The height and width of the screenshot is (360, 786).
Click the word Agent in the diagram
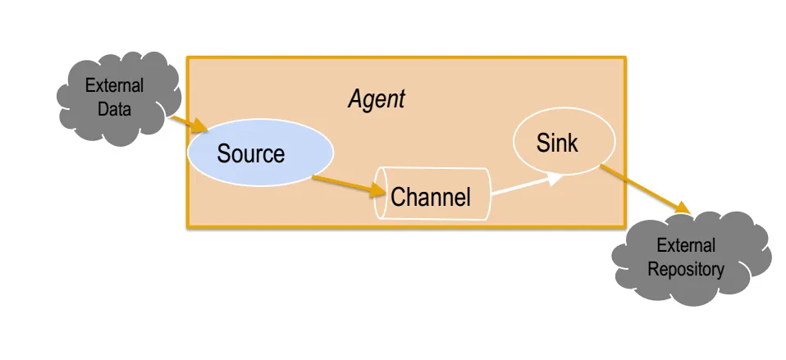pyautogui.click(x=377, y=99)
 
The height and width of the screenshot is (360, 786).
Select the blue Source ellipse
pyautogui.click(x=260, y=153)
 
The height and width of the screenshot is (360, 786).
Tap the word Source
pyautogui.click(x=250, y=153)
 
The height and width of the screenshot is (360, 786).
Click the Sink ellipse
pyautogui.click(x=564, y=141)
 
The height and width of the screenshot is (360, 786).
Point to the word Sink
pyautogui.click(x=557, y=143)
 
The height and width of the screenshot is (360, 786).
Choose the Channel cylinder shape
pyautogui.click(x=432, y=194)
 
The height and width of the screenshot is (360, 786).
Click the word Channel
pyautogui.click(x=431, y=197)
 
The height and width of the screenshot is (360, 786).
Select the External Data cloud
pyautogui.click(x=118, y=98)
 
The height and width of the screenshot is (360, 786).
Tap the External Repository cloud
pyautogui.click(x=691, y=257)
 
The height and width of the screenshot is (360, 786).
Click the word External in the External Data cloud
pyautogui.click(x=114, y=85)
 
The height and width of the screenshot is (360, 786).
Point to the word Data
pyautogui.click(x=114, y=108)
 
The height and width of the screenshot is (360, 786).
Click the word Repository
pyautogui.click(x=686, y=269)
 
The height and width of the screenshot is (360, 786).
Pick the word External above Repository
pyautogui.click(x=686, y=246)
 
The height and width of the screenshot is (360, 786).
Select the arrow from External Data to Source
pyautogui.click(x=189, y=124)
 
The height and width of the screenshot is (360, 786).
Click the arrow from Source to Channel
pyautogui.click(x=349, y=186)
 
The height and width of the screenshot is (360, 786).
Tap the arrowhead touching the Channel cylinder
pyautogui.click(x=377, y=189)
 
